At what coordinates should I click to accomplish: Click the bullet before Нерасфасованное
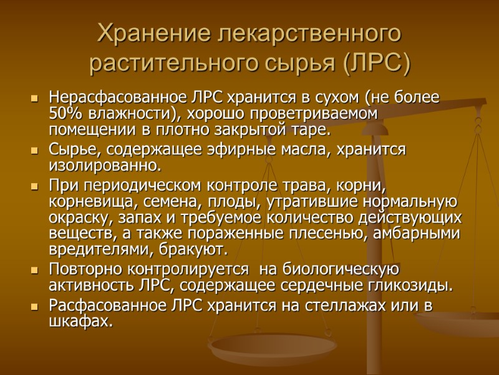click(34, 99)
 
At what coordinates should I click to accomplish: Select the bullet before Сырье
click(34, 151)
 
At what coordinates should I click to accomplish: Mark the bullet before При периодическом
click(34, 187)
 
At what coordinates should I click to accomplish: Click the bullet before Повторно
click(34, 271)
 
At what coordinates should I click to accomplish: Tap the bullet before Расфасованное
click(34, 307)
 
